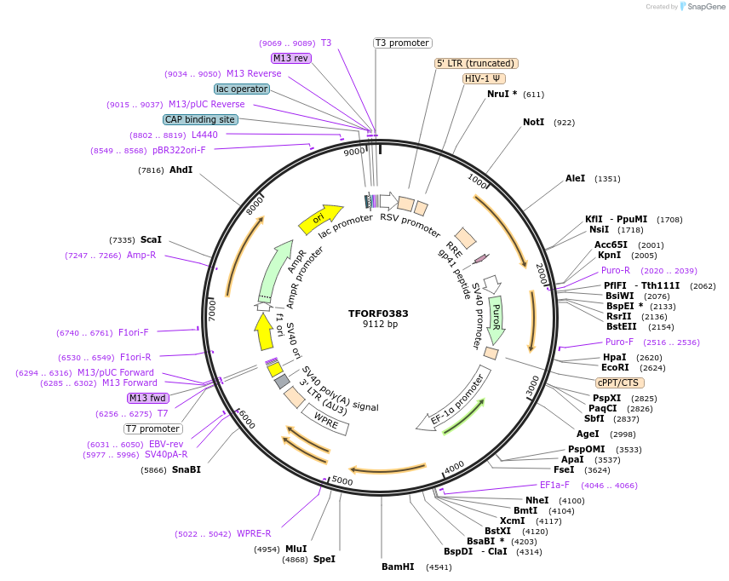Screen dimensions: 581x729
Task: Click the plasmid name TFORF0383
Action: [378, 314]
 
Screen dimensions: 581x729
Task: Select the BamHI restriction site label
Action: [398, 567]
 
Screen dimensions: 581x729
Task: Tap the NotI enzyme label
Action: [534, 123]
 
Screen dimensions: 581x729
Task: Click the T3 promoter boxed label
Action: [403, 43]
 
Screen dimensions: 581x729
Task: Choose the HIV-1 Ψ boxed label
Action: [483, 78]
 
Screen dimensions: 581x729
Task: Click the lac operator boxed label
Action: [243, 89]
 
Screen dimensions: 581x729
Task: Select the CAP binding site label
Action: [200, 120]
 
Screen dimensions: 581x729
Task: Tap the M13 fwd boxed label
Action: [148, 398]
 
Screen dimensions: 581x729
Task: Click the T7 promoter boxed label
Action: [153, 429]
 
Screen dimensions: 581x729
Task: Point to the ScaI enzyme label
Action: [151, 240]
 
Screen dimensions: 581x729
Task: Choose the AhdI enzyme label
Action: [181, 170]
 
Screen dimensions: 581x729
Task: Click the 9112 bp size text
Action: [380, 325]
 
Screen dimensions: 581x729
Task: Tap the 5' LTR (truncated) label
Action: [476, 63]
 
